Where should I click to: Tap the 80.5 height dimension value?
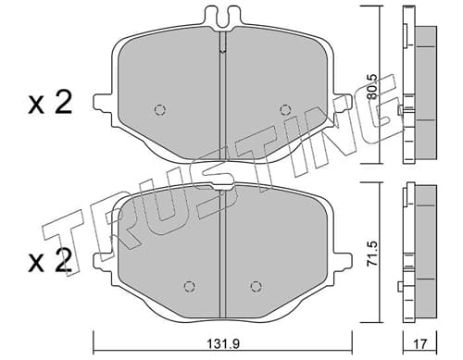(372, 87)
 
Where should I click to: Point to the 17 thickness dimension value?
(420, 344)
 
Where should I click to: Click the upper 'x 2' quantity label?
(50, 103)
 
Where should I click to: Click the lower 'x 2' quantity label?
(50, 261)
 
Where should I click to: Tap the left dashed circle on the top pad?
(160, 109)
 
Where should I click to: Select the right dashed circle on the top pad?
(285, 109)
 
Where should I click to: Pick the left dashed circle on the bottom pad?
(189, 286)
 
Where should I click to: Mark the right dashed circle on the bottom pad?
(256, 286)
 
